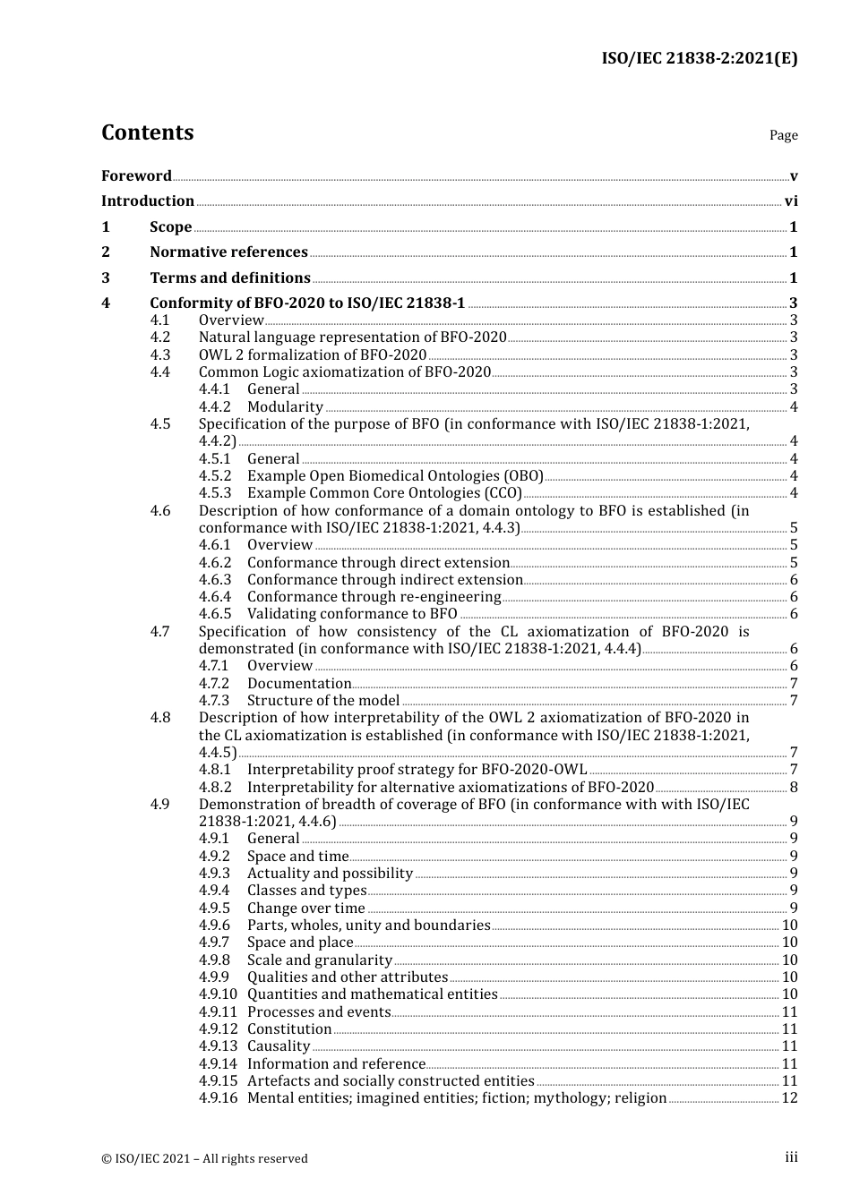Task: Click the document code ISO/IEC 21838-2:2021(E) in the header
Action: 699,58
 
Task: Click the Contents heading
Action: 147,132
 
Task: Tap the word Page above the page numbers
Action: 783,135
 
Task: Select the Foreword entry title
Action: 136,175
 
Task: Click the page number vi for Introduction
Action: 791,201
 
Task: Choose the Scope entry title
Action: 170,227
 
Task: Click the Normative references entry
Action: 228,252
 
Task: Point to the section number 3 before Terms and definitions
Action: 106,278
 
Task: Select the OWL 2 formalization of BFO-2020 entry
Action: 312,355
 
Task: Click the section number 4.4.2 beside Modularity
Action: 214,407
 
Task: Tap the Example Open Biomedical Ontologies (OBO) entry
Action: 395,476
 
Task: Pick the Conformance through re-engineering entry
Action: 374,597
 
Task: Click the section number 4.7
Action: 159,632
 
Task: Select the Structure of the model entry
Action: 322,701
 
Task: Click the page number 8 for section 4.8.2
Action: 794,788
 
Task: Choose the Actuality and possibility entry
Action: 330,874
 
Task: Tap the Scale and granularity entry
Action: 319,960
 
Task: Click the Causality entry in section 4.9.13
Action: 279,1046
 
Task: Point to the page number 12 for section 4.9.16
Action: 789,1098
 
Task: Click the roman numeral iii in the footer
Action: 791,1157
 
